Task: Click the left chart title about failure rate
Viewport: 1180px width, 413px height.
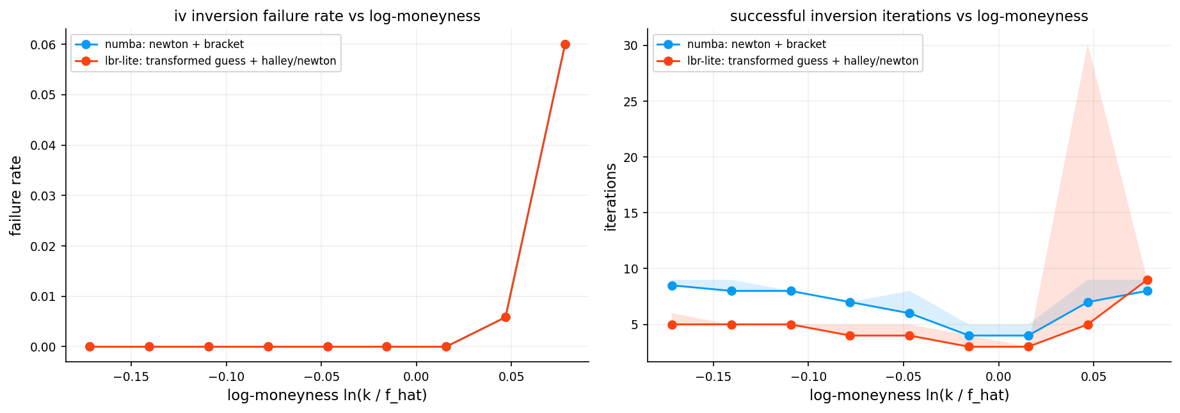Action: (x=327, y=16)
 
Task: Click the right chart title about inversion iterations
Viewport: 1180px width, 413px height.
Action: (x=909, y=16)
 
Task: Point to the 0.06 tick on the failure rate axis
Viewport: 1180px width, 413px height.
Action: (x=44, y=45)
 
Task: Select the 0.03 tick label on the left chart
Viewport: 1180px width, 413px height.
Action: (x=44, y=196)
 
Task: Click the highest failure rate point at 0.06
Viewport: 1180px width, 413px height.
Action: (x=565, y=45)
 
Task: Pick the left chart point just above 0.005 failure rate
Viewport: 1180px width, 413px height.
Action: (x=506, y=317)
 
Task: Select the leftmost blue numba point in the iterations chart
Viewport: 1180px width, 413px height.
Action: (x=672, y=286)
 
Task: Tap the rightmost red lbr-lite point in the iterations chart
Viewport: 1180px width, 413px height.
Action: (x=1147, y=280)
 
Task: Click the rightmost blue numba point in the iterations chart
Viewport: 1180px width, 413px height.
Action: (x=1147, y=291)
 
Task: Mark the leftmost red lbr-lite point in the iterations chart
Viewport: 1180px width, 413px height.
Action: (x=672, y=325)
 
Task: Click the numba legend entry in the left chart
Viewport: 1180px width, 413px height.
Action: (x=174, y=45)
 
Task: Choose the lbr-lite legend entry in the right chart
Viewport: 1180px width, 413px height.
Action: (x=802, y=61)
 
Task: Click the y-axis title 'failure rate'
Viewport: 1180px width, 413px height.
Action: (x=16, y=196)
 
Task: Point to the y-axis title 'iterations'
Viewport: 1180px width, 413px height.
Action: (x=611, y=197)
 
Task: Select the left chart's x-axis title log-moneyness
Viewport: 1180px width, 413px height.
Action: (x=327, y=396)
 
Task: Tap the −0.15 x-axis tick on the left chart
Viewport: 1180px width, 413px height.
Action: (x=127, y=377)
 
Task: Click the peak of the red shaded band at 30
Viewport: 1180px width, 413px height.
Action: (x=1088, y=46)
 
